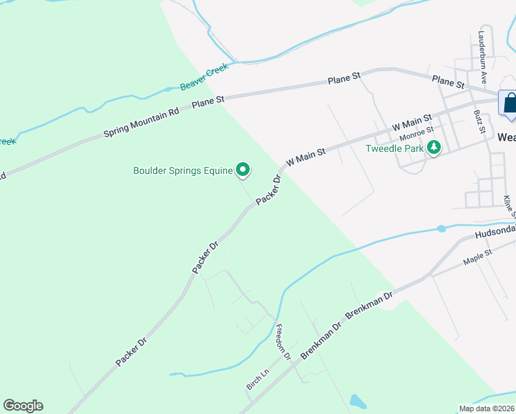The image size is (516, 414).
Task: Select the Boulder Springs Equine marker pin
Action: point(243,169)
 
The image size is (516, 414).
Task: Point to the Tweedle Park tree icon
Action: point(434,147)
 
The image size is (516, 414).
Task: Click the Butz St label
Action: point(478,120)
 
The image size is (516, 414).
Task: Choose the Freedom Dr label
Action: point(284,340)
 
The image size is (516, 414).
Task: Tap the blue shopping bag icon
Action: point(509,103)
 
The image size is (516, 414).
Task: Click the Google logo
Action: point(23,406)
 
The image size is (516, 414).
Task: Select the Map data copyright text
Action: point(487,408)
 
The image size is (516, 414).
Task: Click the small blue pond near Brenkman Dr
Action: point(357,402)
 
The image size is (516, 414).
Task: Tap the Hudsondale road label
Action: point(495,234)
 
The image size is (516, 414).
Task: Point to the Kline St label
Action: point(509,205)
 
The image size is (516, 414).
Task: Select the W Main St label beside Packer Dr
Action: point(305,155)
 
